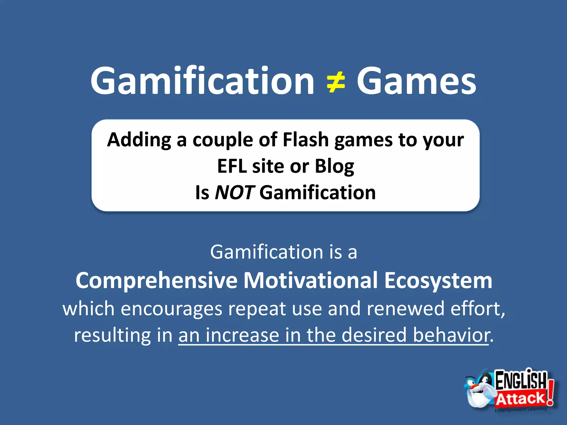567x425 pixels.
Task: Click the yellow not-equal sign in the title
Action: [x=336, y=82]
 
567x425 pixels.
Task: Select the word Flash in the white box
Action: [x=305, y=139]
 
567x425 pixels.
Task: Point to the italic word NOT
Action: [x=234, y=193]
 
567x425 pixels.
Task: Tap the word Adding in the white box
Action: [x=139, y=140]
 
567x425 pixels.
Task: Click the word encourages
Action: [x=171, y=309]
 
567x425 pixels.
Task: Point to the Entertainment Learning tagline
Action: [x=520, y=410]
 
